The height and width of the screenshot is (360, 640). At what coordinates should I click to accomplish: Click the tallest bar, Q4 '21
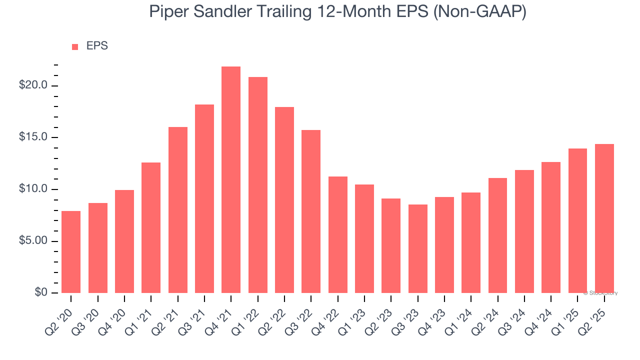point(231,180)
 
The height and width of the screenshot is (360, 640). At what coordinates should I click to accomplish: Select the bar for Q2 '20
point(71,252)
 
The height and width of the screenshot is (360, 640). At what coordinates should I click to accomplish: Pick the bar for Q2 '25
point(604,218)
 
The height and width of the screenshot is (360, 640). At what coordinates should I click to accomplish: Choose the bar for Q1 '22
point(258,185)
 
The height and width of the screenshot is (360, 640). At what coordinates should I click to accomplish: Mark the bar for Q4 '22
point(338,234)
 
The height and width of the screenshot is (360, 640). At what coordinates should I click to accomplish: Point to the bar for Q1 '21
point(151,227)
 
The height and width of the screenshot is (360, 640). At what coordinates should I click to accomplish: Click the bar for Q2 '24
point(498,235)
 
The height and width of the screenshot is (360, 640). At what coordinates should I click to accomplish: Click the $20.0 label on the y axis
point(33,85)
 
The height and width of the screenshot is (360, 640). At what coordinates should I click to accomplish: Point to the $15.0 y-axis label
point(33,137)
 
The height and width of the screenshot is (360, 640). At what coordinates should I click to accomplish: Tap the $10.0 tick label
point(33,189)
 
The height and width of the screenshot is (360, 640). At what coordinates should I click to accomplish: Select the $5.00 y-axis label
point(33,241)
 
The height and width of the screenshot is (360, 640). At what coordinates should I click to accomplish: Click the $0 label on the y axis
point(41,293)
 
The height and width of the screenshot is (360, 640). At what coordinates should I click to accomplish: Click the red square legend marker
point(75,47)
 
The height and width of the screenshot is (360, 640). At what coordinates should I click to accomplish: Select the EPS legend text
point(97,46)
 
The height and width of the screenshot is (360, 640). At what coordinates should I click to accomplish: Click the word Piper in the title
point(168,11)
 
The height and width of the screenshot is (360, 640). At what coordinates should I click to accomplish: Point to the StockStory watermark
point(600,293)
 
